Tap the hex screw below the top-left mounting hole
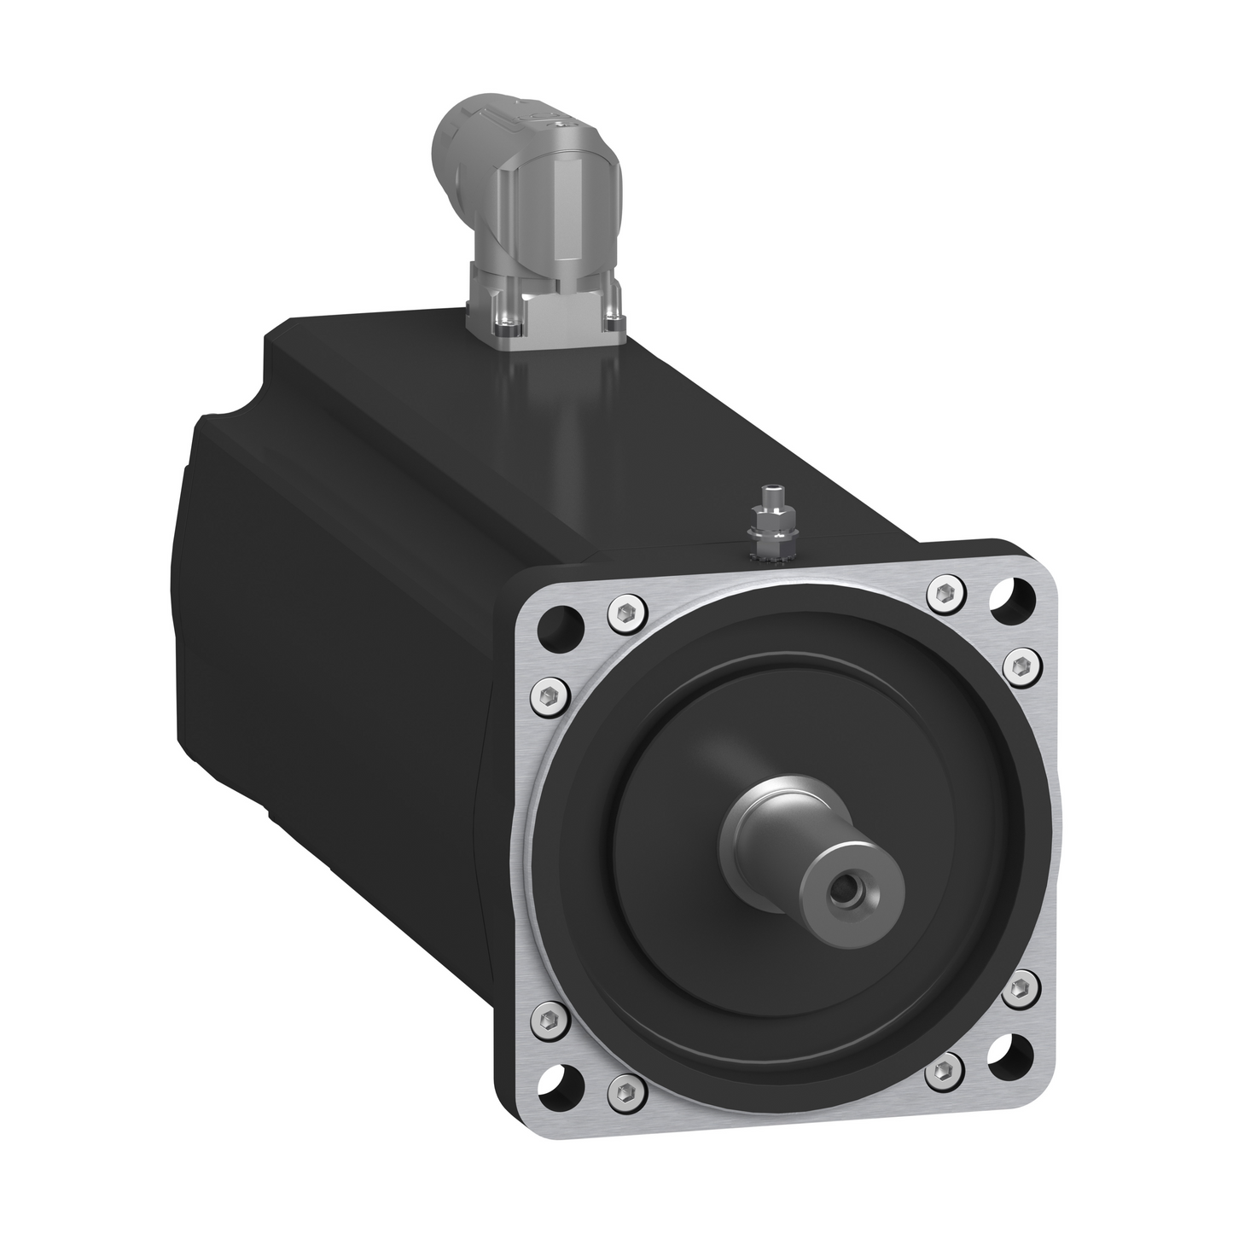click(550, 689)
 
